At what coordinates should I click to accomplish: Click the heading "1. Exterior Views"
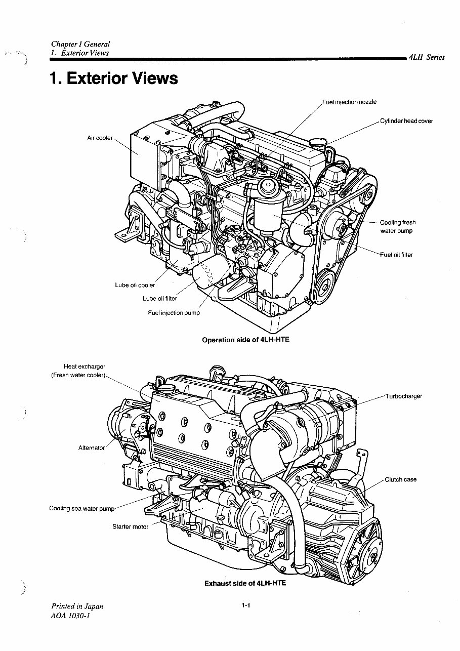click(x=114, y=78)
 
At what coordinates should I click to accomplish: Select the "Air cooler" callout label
click(x=100, y=138)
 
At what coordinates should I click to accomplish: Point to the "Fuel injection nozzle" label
click(x=349, y=102)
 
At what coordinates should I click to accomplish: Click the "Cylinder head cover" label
click(x=406, y=121)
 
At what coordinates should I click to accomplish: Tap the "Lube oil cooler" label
click(x=135, y=285)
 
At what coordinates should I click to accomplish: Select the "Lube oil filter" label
click(x=159, y=299)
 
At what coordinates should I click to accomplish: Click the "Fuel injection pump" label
click(x=174, y=313)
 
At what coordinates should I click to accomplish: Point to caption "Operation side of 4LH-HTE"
click(x=245, y=340)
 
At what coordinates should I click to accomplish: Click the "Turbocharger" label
click(x=403, y=396)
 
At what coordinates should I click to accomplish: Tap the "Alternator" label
click(x=91, y=447)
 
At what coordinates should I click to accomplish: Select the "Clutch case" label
click(x=400, y=479)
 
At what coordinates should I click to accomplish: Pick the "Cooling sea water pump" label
click(x=81, y=508)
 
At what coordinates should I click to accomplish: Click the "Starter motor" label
click(x=130, y=526)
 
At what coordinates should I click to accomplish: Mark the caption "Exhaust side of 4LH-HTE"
click(x=245, y=583)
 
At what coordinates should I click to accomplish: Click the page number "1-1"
click(x=246, y=605)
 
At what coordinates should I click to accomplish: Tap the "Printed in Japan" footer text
click(x=77, y=606)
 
